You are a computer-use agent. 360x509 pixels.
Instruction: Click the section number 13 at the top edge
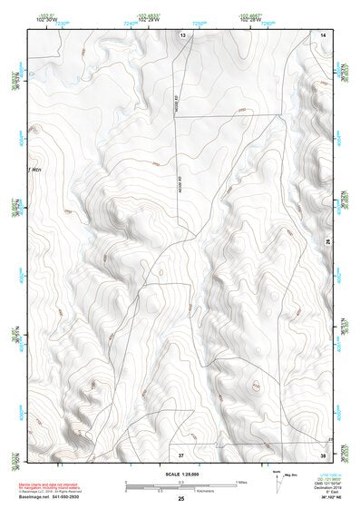coord(182,34)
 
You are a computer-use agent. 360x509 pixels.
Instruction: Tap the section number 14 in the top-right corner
coord(323,34)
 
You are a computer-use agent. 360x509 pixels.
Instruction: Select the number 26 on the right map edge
coord(327,240)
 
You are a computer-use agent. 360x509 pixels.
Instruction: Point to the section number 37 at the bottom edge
coord(180,453)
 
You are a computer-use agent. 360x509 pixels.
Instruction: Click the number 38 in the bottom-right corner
coord(323,453)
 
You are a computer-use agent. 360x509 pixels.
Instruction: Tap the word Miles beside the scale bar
coord(241,481)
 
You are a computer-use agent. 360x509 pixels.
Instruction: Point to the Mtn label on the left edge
coord(35,170)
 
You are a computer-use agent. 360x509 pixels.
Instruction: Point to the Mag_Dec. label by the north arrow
coord(292,475)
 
